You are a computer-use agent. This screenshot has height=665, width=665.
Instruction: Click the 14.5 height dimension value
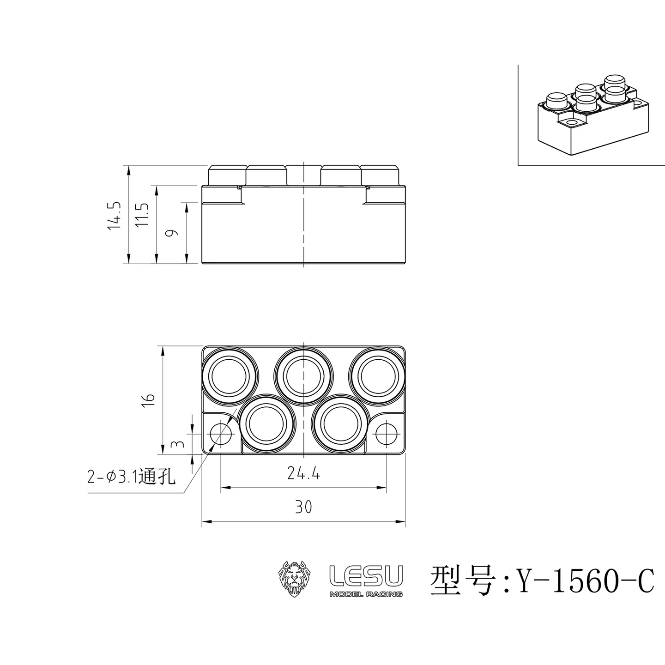(114, 215)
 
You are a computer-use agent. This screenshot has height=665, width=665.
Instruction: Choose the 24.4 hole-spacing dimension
(303, 473)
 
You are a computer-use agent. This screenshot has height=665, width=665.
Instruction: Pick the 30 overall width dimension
(303, 507)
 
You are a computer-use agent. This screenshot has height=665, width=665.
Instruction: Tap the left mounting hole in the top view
(221, 434)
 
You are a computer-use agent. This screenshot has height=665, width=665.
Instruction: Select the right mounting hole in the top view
(386, 434)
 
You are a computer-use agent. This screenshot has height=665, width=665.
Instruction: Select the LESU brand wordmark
(366, 575)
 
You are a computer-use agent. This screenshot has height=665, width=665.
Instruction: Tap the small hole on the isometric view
(572, 122)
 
